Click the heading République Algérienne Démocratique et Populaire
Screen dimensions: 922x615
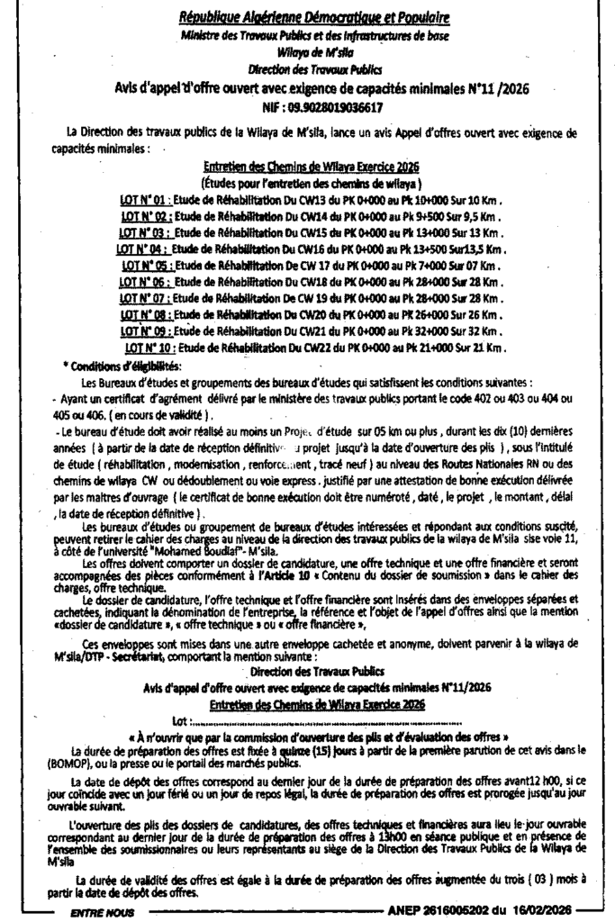pyautogui.click(x=313, y=17)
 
